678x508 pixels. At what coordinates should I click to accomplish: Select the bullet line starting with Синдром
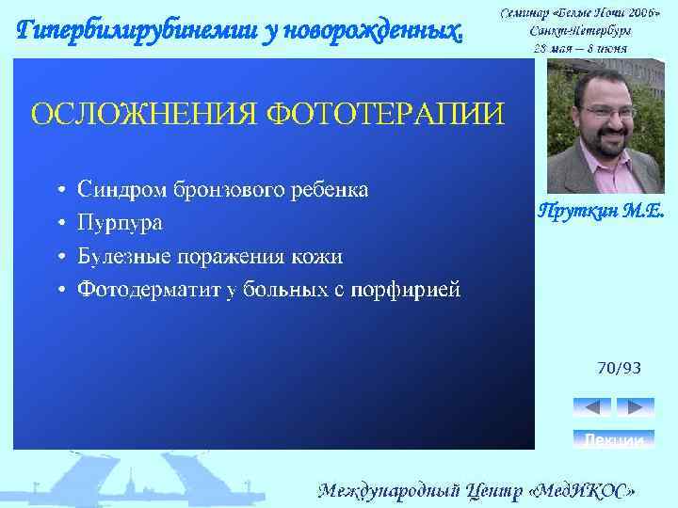coord(222,189)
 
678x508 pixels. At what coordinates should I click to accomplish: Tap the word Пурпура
coord(120,223)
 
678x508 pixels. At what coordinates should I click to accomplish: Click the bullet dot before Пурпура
coord(59,224)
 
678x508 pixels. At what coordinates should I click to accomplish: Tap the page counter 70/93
coord(619,368)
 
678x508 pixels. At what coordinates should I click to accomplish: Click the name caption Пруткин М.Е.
coord(600,212)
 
